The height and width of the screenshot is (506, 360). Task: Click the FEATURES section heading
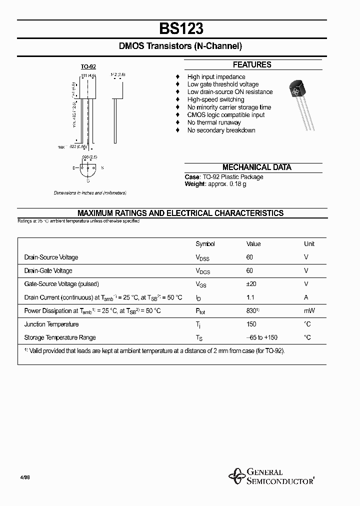252,65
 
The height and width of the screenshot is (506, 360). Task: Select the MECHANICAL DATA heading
256,167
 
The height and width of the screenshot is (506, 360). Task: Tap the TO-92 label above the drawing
88,66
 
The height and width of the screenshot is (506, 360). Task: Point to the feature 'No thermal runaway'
214,122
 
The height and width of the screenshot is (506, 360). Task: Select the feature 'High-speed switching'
215,99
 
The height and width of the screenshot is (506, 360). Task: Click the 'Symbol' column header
205,244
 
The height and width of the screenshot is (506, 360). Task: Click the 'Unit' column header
309,244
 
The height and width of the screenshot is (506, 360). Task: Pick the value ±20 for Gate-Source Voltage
251,284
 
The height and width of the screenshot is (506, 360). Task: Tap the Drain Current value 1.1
250,297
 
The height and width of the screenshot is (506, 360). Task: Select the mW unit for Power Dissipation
309,311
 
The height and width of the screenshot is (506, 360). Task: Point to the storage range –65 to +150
262,337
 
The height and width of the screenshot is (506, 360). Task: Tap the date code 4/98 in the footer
25,477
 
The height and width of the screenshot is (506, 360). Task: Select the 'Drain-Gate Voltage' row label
48,270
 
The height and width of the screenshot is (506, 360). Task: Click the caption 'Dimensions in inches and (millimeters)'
90,193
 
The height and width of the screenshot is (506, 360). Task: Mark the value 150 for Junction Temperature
251,324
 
